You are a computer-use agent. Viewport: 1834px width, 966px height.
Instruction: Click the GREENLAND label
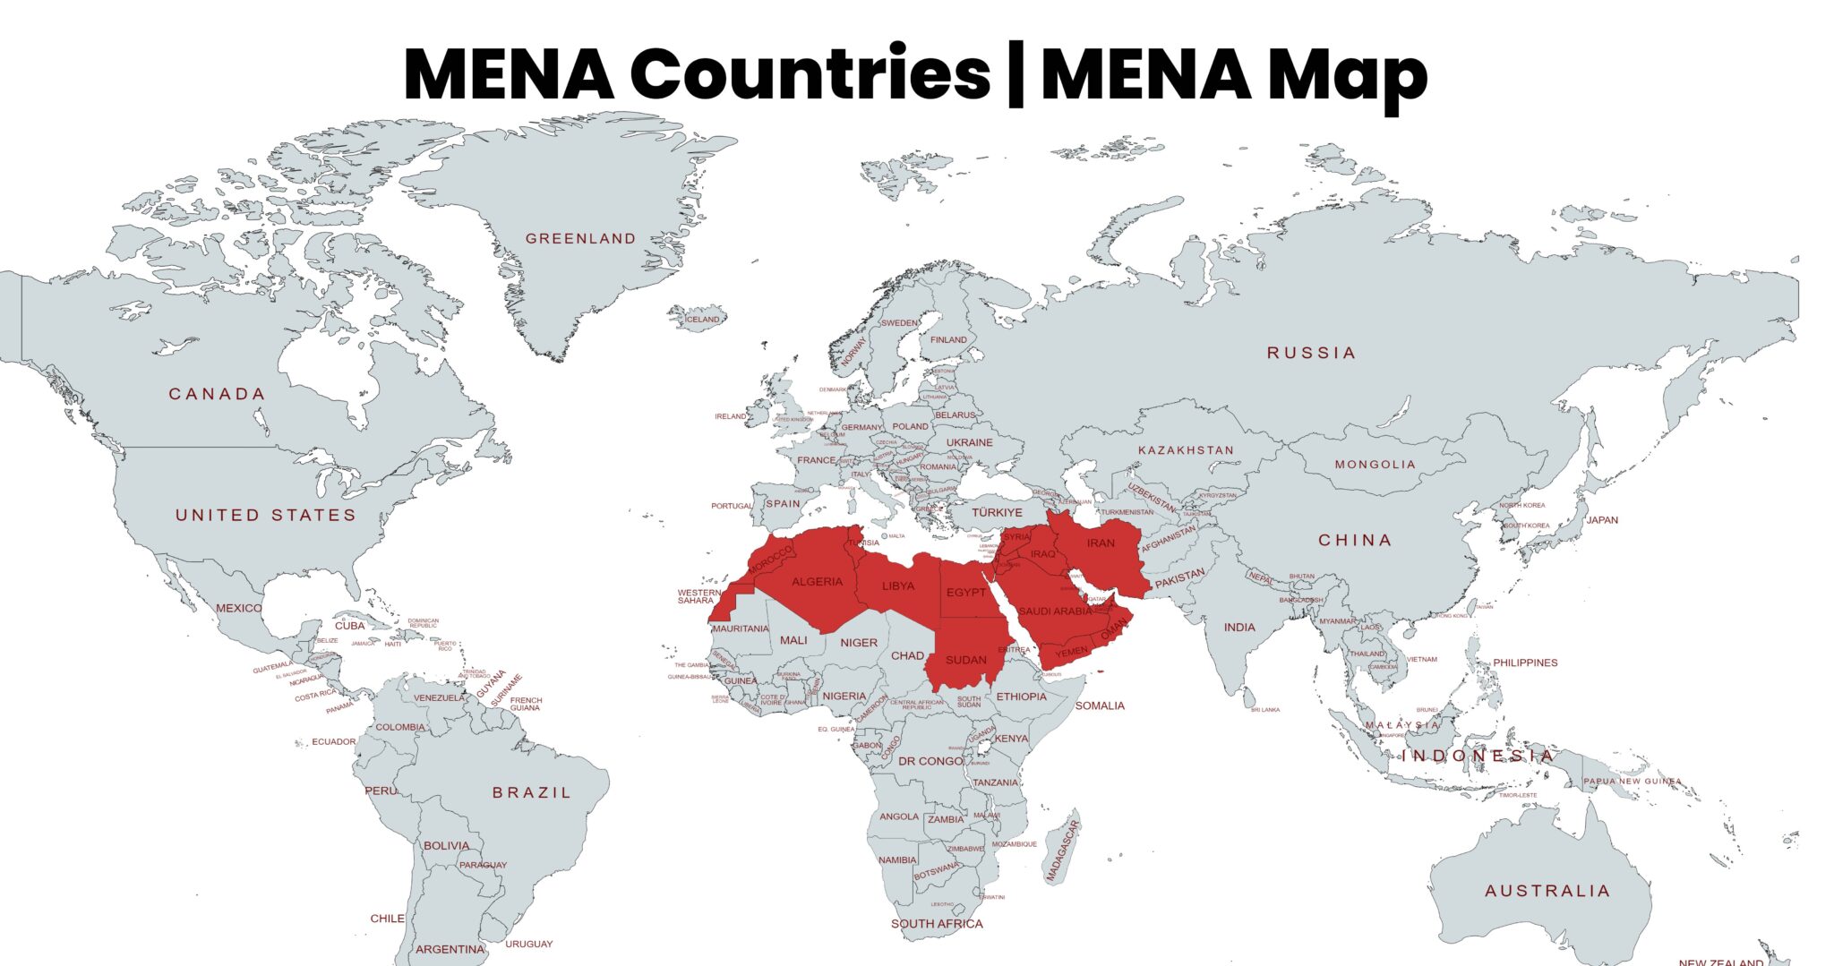(x=580, y=239)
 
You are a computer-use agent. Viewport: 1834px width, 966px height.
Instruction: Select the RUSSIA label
(x=1311, y=353)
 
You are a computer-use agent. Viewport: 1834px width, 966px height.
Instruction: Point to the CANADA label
(x=218, y=394)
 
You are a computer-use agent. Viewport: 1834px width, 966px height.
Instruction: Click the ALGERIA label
(x=817, y=582)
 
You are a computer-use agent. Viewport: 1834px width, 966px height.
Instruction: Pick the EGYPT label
(x=966, y=593)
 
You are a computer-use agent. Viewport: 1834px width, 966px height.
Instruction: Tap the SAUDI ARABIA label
(x=1055, y=611)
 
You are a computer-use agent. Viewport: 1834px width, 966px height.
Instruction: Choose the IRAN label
(x=1101, y=543)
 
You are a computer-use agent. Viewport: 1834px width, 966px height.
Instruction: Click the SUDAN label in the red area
(x=965, y=661)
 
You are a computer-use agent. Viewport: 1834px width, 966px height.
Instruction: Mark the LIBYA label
(x=898, y=586)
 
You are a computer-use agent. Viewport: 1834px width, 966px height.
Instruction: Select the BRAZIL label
(x=532, y=792)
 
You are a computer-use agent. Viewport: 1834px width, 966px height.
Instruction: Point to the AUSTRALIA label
(x=1547, y=891)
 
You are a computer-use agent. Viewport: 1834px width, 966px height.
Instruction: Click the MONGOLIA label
(x=1375, y=465)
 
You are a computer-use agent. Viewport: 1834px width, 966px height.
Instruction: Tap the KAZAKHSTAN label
(x=1186, y=450)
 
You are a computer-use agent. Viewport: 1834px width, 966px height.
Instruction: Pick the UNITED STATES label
(x=266, y=515)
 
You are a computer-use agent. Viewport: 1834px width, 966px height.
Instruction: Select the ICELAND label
(x=702, y=320)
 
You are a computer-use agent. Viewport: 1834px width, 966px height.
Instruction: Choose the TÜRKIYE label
(x=997, y=512)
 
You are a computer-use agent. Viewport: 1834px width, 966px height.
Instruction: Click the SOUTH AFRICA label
(x=937, y=924)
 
